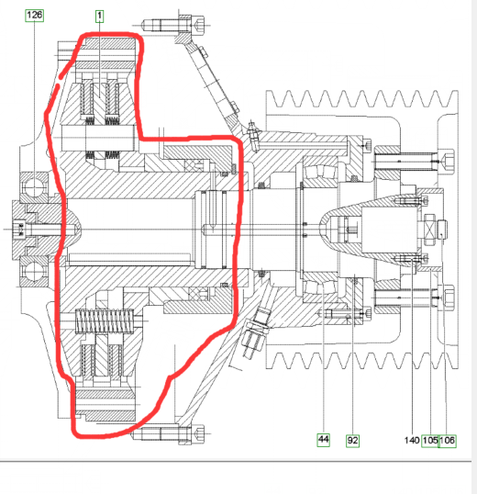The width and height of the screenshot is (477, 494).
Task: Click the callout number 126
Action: click(x=34, y=16)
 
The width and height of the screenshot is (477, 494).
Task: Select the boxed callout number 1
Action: click(x=99, y=16)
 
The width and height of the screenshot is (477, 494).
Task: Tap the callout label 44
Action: click(x=324, y=440)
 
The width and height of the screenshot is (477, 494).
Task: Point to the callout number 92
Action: click(x=352, y=441)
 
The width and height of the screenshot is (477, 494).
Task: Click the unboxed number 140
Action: click(x=412, y=441)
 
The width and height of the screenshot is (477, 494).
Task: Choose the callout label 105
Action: click(x=430, y=441)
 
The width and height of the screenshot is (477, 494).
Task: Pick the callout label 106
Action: click(x=447, y=441)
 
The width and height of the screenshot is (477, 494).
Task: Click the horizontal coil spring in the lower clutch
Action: click(x=105, y=321)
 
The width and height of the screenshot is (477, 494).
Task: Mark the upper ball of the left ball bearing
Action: click(x=34, y=187)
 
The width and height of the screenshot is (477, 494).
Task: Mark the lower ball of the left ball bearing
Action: click(x=33, y=272)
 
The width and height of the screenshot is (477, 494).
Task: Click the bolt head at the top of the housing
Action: click(x=197, y=25)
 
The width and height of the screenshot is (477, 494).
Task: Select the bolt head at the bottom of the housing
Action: click(x=197, y=434)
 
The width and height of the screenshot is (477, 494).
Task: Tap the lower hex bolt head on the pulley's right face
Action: click(x=448, y=298)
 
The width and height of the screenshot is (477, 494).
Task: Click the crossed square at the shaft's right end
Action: click(x=429, y=230)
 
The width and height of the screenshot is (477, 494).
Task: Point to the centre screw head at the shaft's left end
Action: click(x=19, y=229)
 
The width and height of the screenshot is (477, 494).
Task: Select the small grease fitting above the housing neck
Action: click(x=252, y=132)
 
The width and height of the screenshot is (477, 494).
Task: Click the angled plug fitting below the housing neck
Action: click(x=255, y=331)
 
